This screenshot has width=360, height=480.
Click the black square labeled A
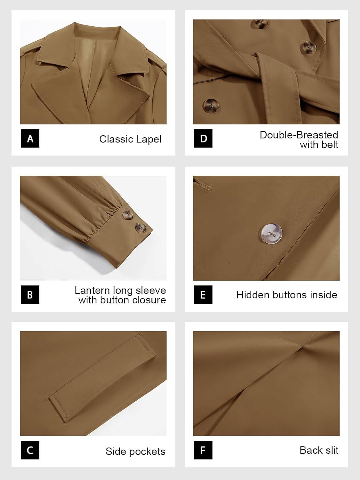coord(30,138)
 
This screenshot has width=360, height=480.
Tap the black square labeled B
coord(30,295)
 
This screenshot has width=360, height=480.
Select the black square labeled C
coord(30,450)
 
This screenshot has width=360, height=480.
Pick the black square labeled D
coord(203,138)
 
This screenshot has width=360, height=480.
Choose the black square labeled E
coord(203,295)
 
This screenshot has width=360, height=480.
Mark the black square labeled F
coord(203,450)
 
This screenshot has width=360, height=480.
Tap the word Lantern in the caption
coord(92,291)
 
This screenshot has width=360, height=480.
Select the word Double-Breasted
coord(299,135)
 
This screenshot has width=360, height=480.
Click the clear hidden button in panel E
coord(272,234)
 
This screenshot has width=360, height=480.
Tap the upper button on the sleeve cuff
coord(128,214)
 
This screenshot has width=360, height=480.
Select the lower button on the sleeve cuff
coord(141,228)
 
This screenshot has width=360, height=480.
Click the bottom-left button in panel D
coord(211,106)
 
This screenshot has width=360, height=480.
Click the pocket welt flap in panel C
coord(102,378)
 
